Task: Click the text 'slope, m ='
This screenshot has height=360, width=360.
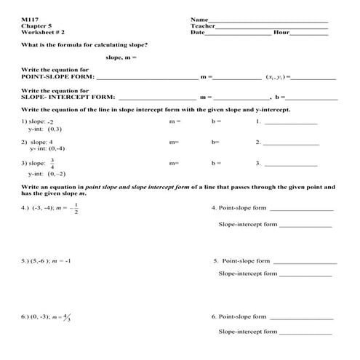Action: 121,57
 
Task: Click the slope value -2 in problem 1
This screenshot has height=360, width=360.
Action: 50,121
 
